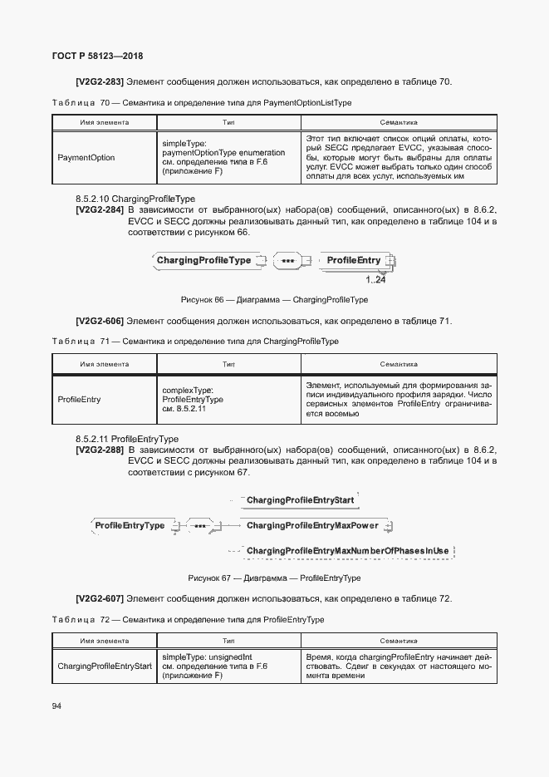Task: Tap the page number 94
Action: point(56,706)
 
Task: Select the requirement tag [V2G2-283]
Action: point(100,81)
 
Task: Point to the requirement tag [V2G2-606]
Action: point(100,321)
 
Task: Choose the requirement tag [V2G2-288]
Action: point(100,450)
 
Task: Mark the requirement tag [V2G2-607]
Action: point(100,599)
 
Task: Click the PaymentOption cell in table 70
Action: point(86,157)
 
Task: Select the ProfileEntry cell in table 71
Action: point(80,399)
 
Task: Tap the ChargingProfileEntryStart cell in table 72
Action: point(105,666)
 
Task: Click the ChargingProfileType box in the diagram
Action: point(203,261)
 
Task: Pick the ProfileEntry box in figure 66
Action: point(354,261)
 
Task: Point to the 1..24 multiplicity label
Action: point(375,280)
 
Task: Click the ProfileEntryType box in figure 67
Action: point(130,525)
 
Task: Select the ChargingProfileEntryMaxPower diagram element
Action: point(312,525)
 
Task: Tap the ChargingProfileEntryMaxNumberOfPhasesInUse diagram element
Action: point(347,551)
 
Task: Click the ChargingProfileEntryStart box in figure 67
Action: point(301,499)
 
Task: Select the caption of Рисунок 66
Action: point(274,300)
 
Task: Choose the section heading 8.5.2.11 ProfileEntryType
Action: point(127,438)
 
